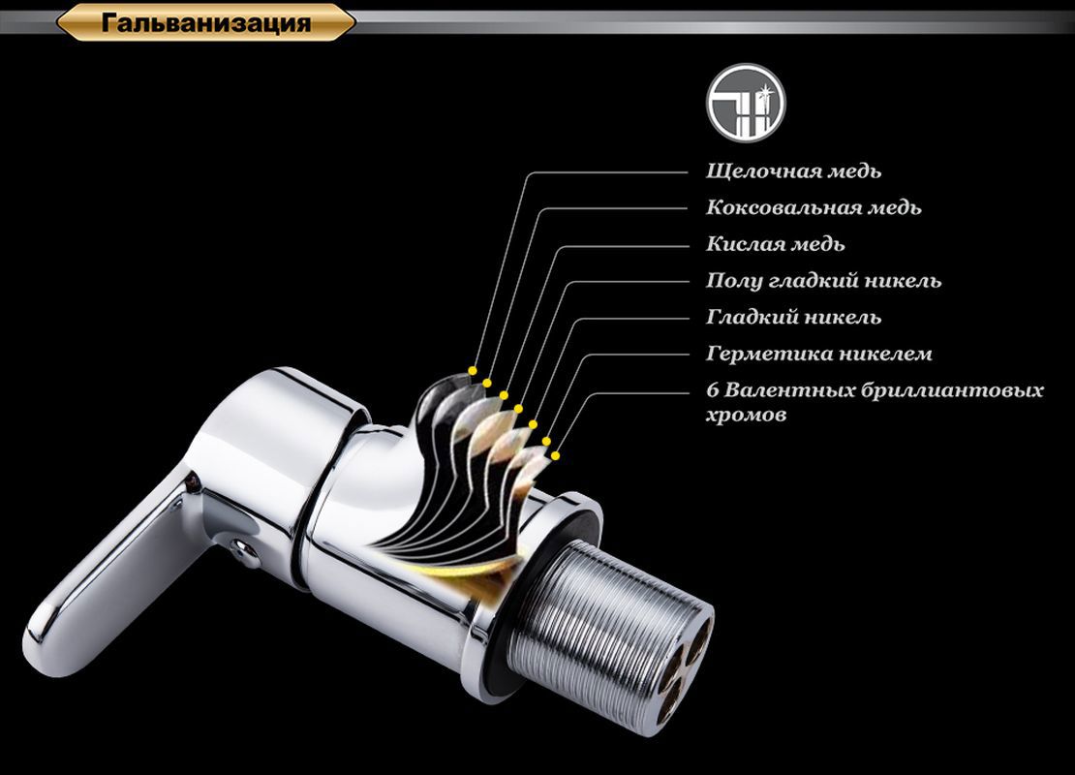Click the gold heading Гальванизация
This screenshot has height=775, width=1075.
(x=205, y=22)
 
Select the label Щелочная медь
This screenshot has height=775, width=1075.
(x=793, y=171)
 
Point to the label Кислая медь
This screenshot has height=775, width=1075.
(x=775, y=244)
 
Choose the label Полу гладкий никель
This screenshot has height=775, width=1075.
(x=823, y=281)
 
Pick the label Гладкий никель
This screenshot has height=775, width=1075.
(x=793, y=318)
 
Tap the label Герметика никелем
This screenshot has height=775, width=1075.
(x=818, y=354)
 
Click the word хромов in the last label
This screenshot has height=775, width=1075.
(x=746, y=415)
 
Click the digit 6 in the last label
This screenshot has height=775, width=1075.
(x=713, y=390)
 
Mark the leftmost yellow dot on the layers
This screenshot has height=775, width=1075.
(x=472, y=369)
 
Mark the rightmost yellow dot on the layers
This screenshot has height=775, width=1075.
(x=557, y=453)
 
